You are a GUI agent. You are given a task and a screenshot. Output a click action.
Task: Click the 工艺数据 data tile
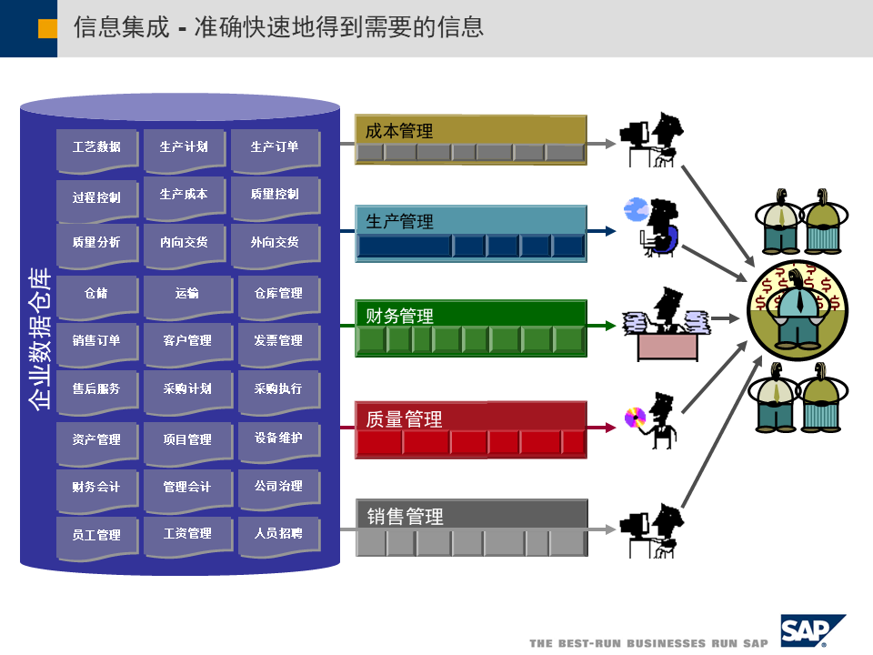96,147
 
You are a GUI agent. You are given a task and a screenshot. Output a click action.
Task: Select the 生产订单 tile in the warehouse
275,147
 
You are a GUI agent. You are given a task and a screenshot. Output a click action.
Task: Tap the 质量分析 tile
96,243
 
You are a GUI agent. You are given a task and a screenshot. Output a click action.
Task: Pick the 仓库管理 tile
278,294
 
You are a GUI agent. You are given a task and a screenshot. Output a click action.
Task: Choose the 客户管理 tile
187,341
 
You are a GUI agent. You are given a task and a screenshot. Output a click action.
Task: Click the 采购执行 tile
278,389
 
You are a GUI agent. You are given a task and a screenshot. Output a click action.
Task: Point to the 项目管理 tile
187,440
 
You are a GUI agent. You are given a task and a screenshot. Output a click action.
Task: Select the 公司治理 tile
278,488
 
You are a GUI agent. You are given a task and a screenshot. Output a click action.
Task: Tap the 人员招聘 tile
278,534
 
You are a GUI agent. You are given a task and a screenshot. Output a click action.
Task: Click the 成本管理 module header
470,130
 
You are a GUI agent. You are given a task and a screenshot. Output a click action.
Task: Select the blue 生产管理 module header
470,221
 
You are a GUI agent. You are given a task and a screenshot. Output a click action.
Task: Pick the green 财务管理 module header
470,316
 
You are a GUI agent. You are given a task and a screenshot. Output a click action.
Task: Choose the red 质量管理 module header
470,418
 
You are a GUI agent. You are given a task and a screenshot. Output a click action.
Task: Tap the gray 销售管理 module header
470,516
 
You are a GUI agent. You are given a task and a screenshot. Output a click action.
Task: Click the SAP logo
811,630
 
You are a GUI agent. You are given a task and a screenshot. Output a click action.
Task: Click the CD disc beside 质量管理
634,418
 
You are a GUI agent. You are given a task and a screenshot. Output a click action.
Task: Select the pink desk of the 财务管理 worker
667,347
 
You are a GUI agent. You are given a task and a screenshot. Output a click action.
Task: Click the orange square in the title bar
47,28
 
